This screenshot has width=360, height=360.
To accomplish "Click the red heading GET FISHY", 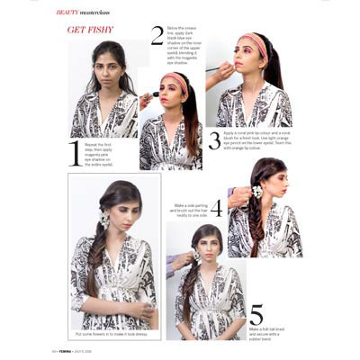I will (89, 30).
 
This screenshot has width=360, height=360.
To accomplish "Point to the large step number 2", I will (157, 36).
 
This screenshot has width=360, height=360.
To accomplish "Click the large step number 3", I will (214, 139).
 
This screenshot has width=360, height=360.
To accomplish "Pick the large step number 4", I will (216, 209).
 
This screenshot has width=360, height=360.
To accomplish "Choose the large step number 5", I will (256, 314).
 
